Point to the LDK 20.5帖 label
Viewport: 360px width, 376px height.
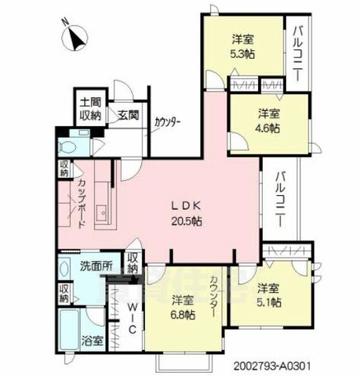pyautogui.click(x=187, y=213)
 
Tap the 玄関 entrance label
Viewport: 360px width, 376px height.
pyautogui.click(x=129, y=114)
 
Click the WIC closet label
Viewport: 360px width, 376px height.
pyautogui.click(x=133, y=319)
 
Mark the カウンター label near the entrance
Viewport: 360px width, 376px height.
pyautogui.click(x=167, y=122)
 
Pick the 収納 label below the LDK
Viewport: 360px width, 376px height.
pyautogui.click(x=133, y=262)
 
